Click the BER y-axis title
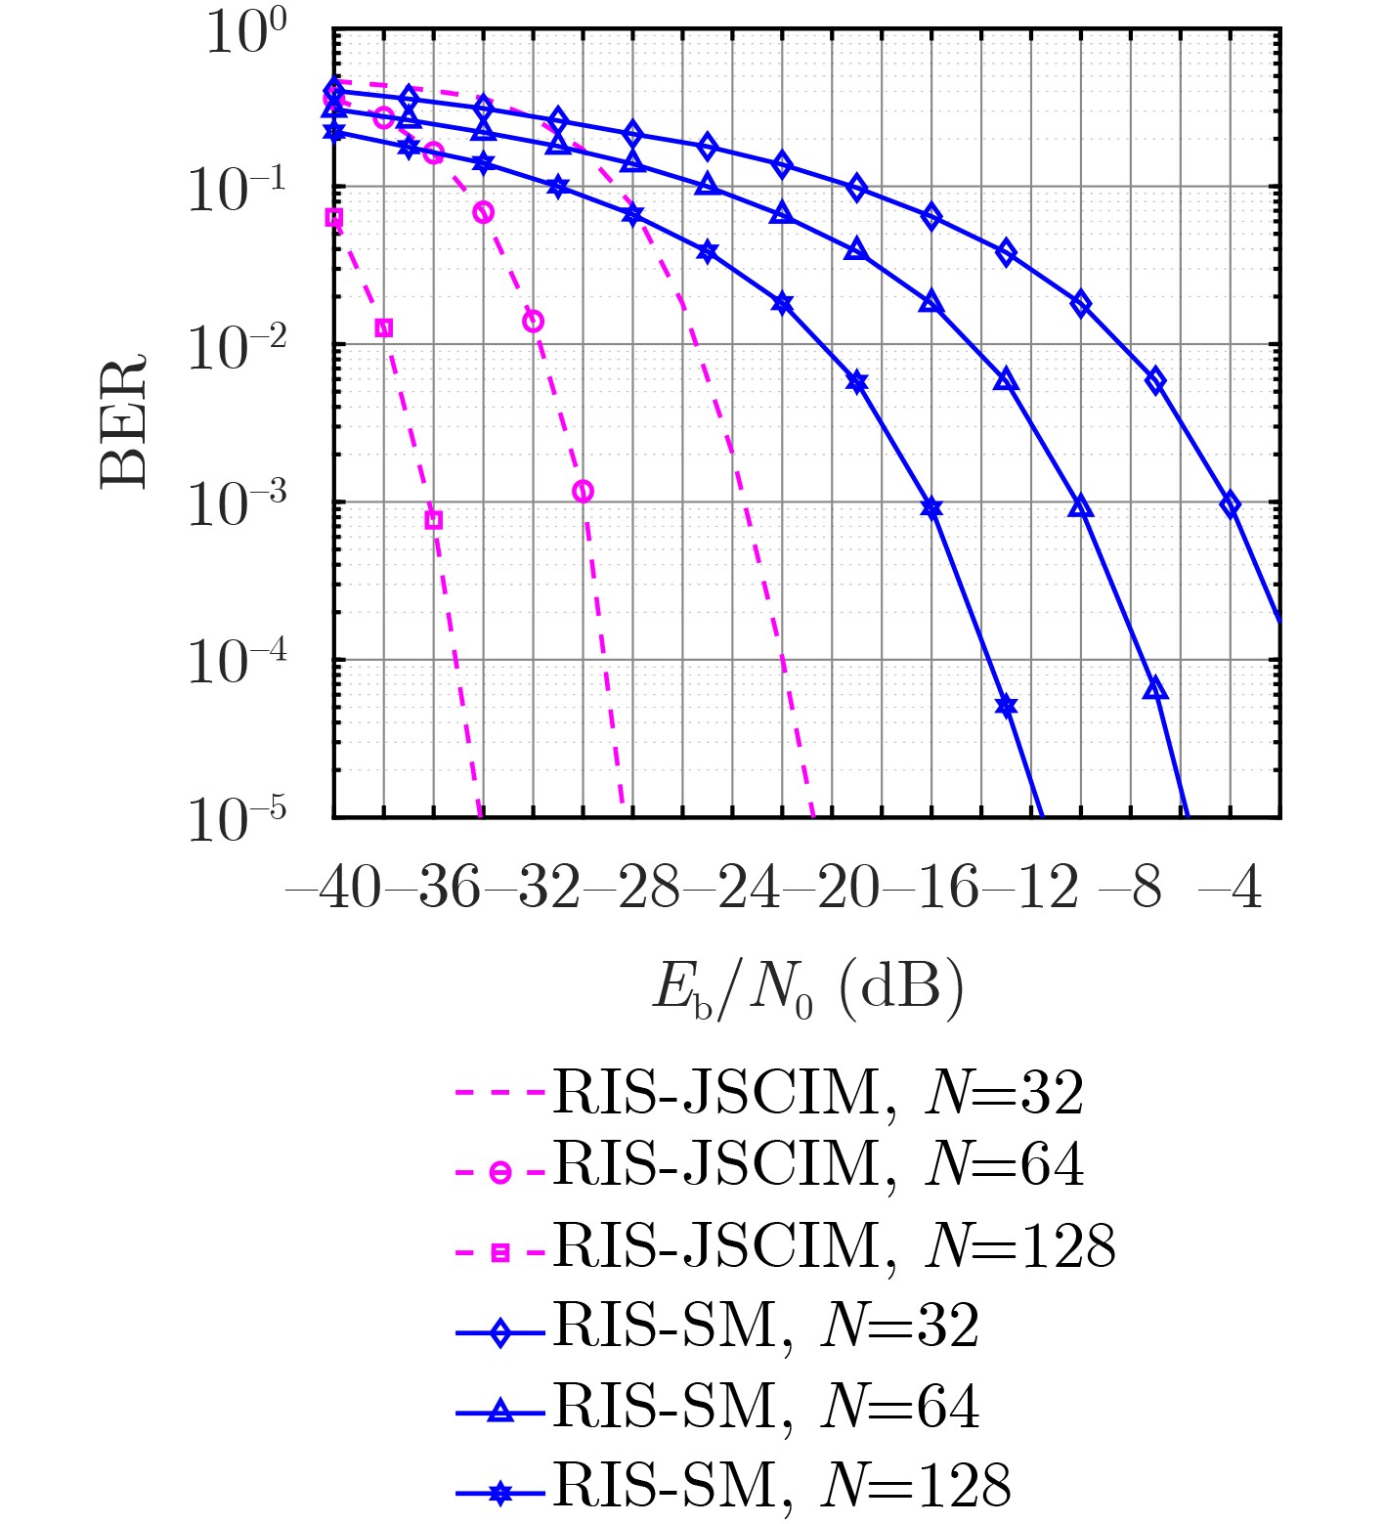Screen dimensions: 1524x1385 point(124,420)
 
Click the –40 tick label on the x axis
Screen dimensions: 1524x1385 point(332,889)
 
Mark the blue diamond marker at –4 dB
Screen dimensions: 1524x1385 point(1231,504)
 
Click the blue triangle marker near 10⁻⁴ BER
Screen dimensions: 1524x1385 point(1155,689)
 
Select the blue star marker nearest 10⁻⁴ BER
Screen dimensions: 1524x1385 point(1007,706)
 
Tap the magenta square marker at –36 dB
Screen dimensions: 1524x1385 point(434,520)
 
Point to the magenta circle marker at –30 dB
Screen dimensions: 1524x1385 point(583,491)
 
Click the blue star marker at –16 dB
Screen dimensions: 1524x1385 point(931,507)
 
